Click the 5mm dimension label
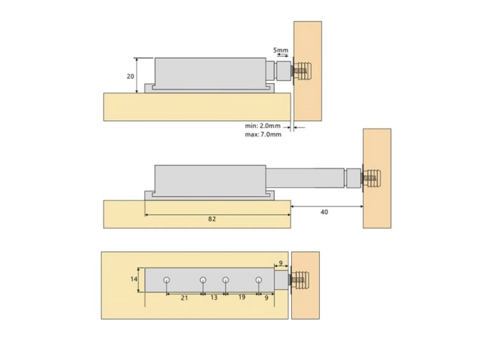click(280, 50)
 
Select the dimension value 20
click(130, 76)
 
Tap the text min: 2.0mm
click(262, 126)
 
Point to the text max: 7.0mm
click(263, 135)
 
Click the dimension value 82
click(212, 219)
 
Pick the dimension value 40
click(324, 212)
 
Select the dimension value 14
click(134, 279)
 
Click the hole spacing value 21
click(184, 298)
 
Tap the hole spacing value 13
click(214, 298)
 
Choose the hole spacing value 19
click(242, 297)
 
